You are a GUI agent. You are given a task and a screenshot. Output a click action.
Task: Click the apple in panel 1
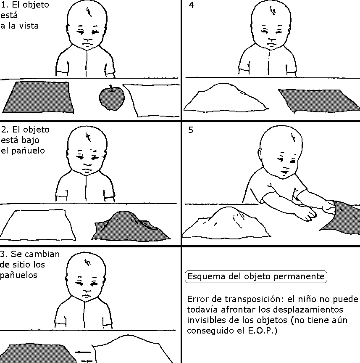tap(112, 98)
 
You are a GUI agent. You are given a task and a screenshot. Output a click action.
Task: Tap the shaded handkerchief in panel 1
tap(38, 97)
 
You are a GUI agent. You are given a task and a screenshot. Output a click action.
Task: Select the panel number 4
tap(191, 5)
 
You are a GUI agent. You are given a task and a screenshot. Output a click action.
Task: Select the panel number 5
tap(191, 130)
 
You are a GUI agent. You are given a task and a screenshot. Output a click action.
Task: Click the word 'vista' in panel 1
tap(29, 26)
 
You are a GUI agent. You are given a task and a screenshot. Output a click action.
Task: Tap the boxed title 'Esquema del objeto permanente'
tap(256, 276)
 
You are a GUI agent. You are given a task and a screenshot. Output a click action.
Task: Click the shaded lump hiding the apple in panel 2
tap(131, 226)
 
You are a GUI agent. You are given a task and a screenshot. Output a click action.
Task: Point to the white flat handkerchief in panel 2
tap(38, 225)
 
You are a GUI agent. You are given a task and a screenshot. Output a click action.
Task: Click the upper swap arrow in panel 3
tap(83, 352)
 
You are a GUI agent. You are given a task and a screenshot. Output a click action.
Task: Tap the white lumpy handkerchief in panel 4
tap(226, 98)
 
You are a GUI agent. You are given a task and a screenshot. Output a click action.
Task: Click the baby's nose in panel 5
tap(286, 167)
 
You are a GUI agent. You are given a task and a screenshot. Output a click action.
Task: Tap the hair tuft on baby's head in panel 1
tap(89, 12)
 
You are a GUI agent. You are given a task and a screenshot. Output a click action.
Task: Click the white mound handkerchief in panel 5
tap(226, 223)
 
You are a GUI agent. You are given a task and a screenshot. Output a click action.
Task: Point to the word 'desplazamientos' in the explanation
tap(308, 310)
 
